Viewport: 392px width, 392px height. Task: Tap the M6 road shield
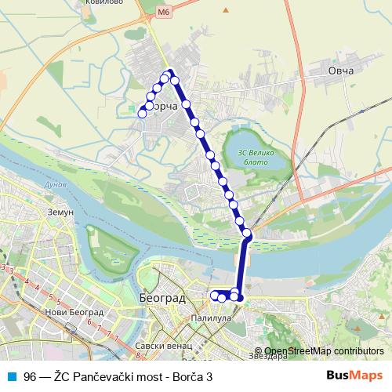coord(162,13)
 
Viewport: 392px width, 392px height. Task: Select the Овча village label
coord(341,71)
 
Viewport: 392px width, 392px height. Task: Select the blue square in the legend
coord(12,376)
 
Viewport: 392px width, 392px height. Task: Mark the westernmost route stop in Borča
coord(142,114)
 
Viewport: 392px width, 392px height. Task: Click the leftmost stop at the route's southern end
coord(214,295)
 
